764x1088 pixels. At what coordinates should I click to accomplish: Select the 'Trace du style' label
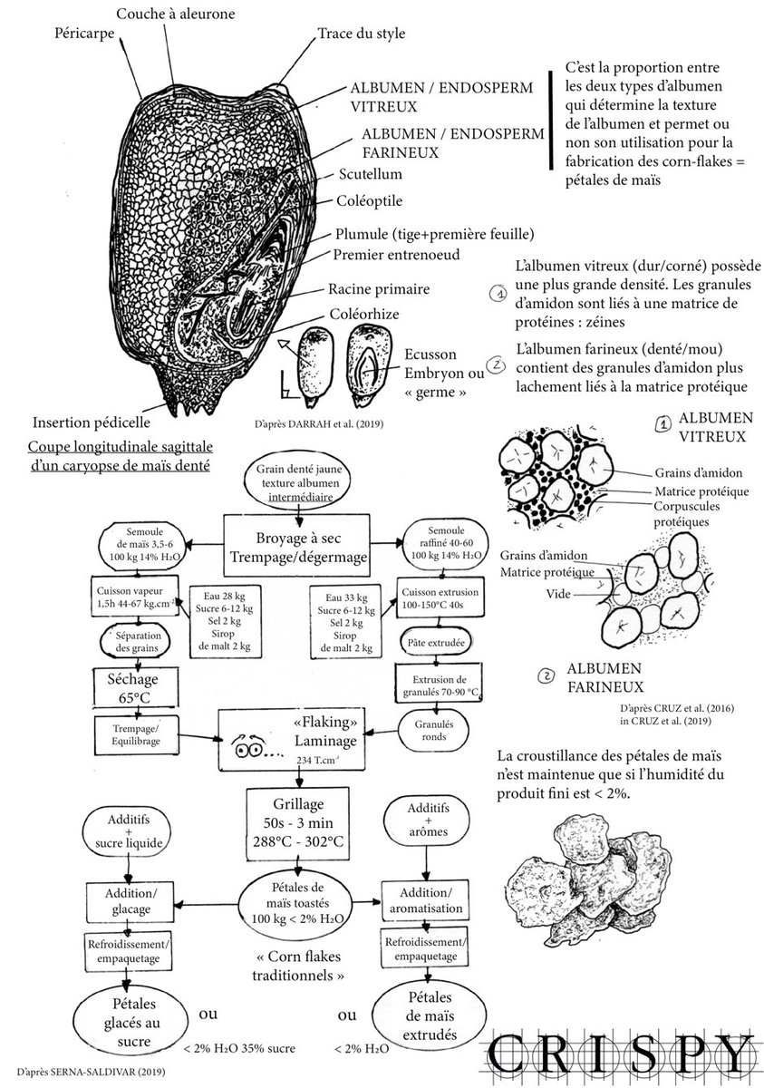tap(361, 34)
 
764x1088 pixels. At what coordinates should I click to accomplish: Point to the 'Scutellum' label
tap(371, 173)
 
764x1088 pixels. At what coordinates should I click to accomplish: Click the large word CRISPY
tap(621, 1054)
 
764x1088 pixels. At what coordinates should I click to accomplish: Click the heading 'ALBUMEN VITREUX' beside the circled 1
tap(707, 426)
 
